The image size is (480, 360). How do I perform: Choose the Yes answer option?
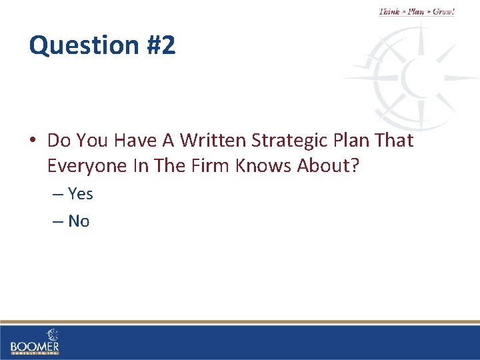point(80,194)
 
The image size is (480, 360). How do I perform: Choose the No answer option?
point(79,221)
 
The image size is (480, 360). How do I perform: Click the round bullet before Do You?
point(33,141)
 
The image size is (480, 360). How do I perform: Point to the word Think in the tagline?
point(390,11)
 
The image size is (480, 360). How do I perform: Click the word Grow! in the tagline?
point(443,11)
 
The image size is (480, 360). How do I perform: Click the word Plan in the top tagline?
point(417,11)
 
